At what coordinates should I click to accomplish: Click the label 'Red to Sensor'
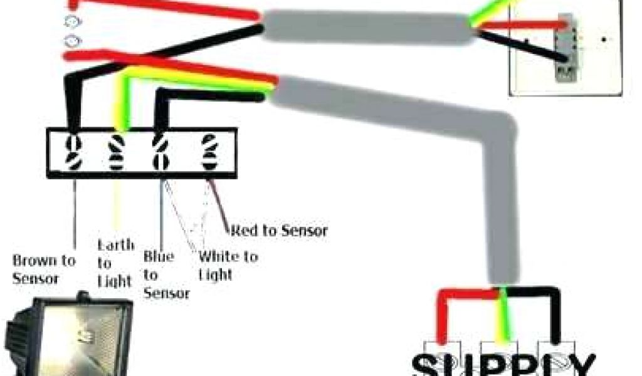(279, 231)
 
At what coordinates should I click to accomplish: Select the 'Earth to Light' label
(115, 263)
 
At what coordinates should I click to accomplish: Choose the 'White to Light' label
(227, 265)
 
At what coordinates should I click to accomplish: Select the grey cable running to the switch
(370, 28)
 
